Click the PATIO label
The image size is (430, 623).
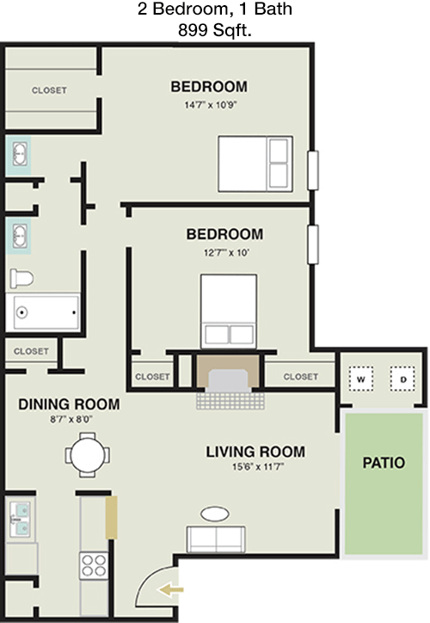(384, 461)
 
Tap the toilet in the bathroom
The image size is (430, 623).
(21, 279)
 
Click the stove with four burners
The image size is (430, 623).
(93, 565)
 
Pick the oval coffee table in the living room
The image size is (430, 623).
(214, 514)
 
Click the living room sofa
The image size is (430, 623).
(214, 540)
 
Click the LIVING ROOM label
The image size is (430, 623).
(255, 451)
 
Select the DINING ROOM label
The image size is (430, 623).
(68, 404)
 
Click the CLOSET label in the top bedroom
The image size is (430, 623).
(49, 90)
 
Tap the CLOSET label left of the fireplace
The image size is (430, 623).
(152, 376)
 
